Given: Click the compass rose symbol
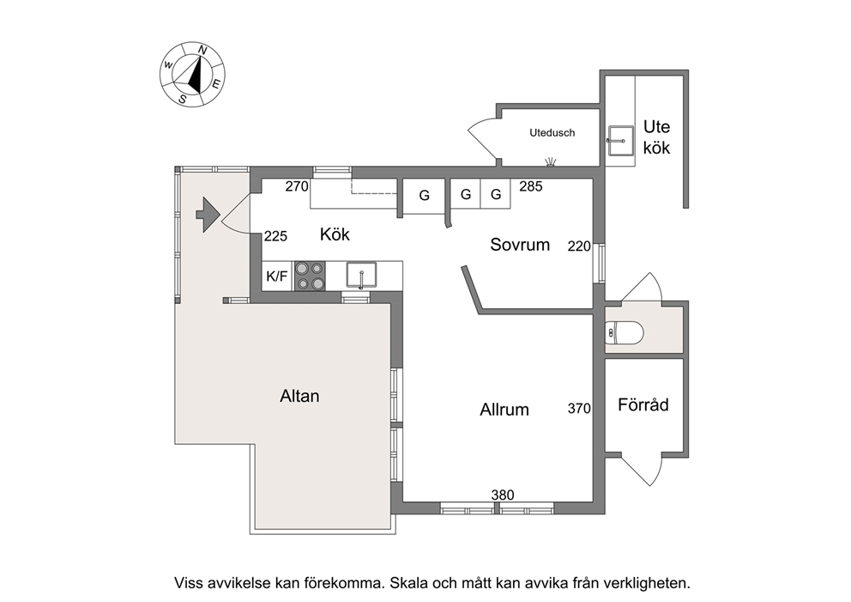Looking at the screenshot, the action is tap(193, 74).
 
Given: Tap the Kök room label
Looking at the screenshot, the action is tap(335, 234).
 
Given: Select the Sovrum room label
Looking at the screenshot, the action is tap(520, 245).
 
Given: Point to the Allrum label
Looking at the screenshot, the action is tap(504, 409).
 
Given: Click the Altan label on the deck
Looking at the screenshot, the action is tap(299, 396).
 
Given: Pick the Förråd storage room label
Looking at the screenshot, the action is tap(643, 404).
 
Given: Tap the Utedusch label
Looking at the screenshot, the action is tap(552, 132).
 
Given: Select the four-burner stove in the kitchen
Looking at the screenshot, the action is tap(310, 276).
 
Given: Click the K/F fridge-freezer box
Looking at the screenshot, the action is tap(277, 276).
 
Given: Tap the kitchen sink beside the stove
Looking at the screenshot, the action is tap(361, 275).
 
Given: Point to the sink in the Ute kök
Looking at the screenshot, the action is tap(620, 140).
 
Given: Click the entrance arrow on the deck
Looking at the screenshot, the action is tap(208, 216).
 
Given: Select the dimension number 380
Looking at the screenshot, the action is tap(503, 495).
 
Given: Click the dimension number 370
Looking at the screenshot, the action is tap(579, 408).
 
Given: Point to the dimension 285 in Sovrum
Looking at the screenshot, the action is tap(531, 186).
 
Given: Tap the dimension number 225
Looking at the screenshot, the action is tap(275, 236).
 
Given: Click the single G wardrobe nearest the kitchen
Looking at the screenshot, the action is tap(424, 196).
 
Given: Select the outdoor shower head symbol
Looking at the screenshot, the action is tap(551, 162).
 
